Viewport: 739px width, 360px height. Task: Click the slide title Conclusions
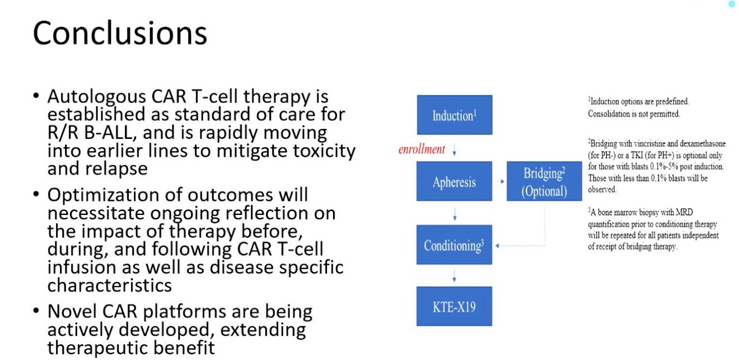[x=120, y=33]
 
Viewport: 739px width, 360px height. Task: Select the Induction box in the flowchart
[x=455, y=115]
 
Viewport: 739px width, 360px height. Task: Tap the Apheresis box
[x=454, y=181]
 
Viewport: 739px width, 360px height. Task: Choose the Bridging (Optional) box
[x=544, y=181]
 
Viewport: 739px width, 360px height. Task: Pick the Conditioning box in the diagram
[x=454, y=245]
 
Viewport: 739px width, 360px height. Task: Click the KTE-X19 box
[x=454, y=306]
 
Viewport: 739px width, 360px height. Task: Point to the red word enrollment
[x=422, y=149]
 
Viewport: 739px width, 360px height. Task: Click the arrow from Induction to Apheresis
[x=454, y=149]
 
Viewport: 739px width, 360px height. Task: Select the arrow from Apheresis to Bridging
[x=500, y=181]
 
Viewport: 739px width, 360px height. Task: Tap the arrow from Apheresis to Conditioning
[x=455, y=214]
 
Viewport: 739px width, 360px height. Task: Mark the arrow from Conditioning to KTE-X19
[x=454, y=275]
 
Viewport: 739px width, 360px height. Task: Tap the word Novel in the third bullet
[x=72, y=311]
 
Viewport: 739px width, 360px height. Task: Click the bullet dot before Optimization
[x=36, y=194]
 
